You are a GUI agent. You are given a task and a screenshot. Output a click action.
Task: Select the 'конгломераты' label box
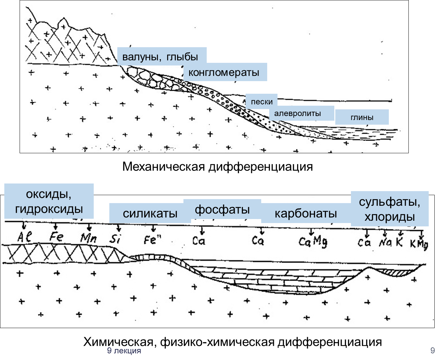[225, 72]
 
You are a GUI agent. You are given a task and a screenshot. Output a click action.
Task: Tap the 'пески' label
[262, 102]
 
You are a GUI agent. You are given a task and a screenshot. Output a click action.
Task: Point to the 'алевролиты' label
[302, 113]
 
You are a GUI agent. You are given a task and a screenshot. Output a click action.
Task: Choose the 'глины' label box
[362, 117]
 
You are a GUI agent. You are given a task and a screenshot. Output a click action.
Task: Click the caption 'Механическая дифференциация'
[217, 167]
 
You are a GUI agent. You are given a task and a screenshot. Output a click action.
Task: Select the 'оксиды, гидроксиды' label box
[49, 201]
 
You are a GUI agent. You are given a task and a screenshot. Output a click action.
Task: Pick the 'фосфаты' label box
[222, 209]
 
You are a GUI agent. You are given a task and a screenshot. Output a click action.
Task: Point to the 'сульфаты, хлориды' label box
[390, 209]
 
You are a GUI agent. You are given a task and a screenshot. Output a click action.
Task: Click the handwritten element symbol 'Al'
[24, 237]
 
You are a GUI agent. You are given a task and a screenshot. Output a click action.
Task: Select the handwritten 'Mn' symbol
[89, 238]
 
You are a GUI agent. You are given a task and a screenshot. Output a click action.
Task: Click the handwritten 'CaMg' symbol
[313, 241]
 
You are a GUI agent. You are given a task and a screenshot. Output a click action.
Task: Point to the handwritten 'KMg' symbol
[419, 244]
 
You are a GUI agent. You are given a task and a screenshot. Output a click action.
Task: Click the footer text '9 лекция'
[124, 351]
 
